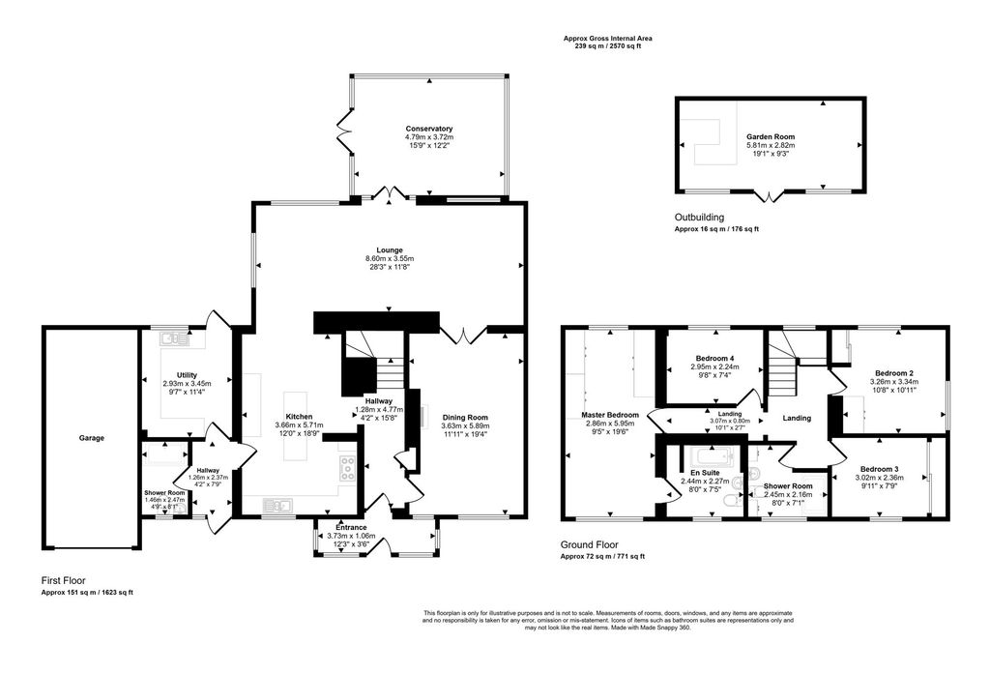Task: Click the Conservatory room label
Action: click(x=429, y=129)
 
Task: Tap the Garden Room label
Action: click(x=770, y=137)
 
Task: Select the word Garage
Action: click(x=91, y=438)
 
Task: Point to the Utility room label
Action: click(x=187, y=374)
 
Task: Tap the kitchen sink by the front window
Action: click(x=278, y=504)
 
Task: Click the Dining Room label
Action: click(x=465, y=417)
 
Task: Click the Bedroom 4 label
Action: click(x=713, y=358)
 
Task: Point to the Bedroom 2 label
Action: click(x=894, y=372)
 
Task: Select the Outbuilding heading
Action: click(x=699, y=218)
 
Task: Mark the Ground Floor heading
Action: click(x=589, y=544)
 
